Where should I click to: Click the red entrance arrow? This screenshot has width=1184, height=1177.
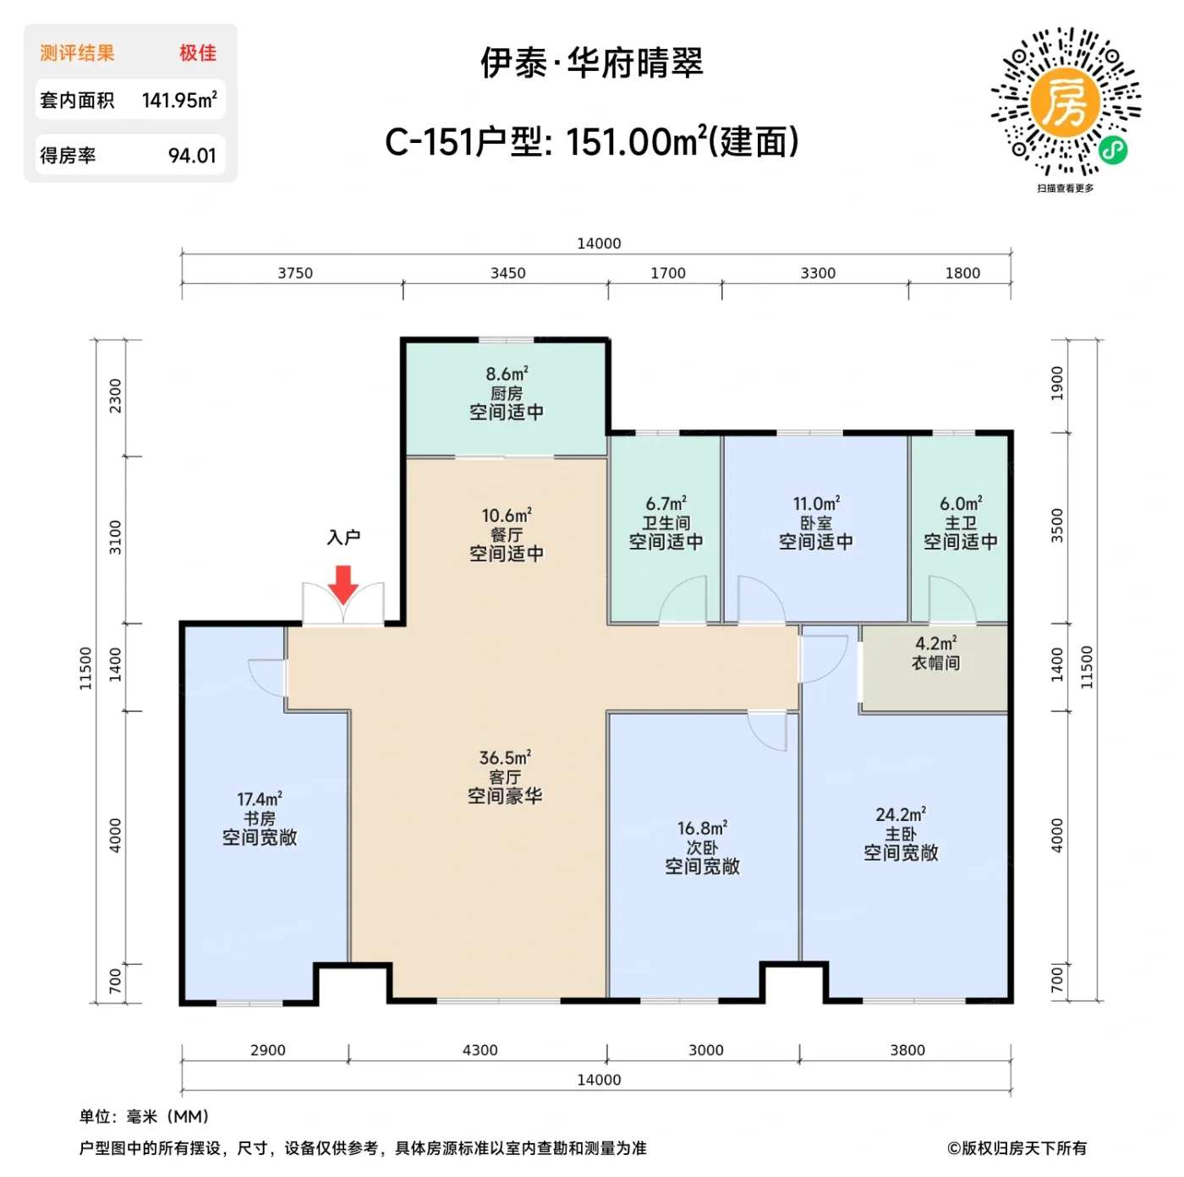343,584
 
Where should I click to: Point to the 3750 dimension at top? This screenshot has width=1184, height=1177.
295,273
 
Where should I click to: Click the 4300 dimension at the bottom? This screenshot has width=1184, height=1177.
480,1050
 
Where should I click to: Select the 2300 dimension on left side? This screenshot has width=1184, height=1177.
116,396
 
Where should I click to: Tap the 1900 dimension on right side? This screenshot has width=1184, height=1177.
1057,383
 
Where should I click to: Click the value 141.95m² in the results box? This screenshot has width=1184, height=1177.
179,101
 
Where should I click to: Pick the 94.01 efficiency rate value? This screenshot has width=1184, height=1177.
192,156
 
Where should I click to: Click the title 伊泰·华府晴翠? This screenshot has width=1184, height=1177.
592,63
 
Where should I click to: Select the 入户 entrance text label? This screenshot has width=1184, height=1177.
343,538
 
